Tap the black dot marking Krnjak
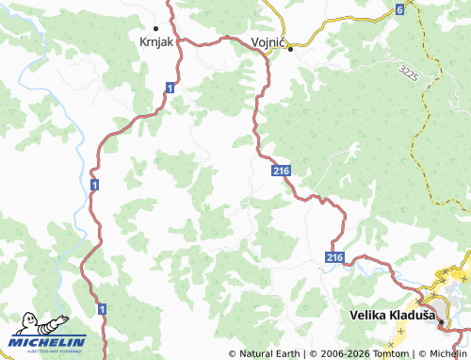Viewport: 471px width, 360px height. (x=155, y=28)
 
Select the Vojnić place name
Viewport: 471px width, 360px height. (x=270, y=42)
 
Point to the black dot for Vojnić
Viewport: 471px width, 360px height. (x=291, y=48)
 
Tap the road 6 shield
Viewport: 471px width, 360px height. (x=399, y=9)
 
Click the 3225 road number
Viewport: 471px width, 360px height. (x=408, y=73)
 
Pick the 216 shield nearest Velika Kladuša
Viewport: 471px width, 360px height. (x=335, y=256)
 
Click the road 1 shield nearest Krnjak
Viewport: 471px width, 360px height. (x=169, y=87)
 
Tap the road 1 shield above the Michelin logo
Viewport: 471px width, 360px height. (x=102, y=308)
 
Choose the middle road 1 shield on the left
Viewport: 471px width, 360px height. (x=95, y=188)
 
